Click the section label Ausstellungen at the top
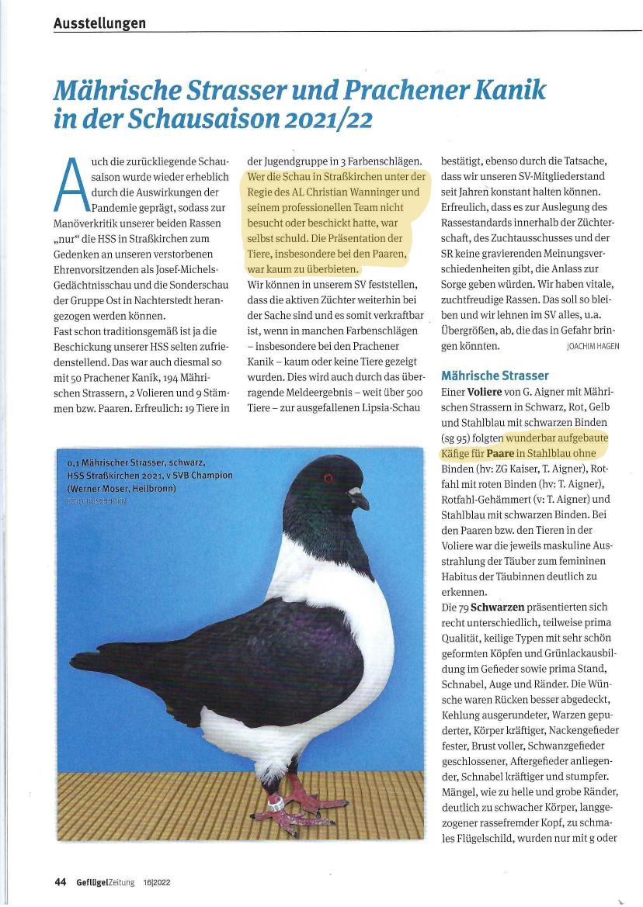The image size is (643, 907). coord(99,23)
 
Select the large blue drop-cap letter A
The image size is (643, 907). coord(71,185)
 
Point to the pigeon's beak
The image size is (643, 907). coord(358,497)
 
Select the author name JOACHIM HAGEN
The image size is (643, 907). coord(593,346)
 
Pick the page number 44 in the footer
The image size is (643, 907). coord(60,881)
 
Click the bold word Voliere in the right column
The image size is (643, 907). coord(489,393)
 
